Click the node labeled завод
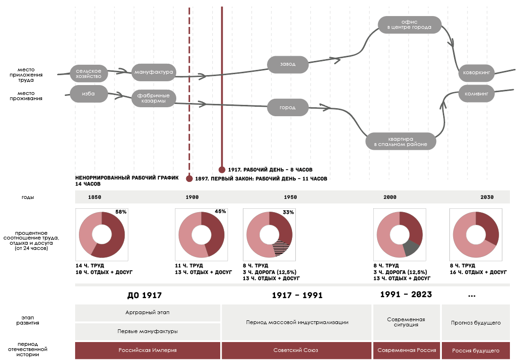coord(288,64)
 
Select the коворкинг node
coord(476,74)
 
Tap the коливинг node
coord(476,94)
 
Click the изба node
coord(88,94)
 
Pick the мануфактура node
coord(154,72)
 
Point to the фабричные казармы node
coord(154,98)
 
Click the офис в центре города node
coord(409,25)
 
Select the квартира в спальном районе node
coord(401,141)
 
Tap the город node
coord(287,107)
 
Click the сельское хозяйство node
coord(88,73)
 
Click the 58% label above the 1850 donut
coord(121,212)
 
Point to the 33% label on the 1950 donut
coord(288,212)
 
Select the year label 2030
coord(487,197)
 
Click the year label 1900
coord(192,197)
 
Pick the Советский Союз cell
coord(295,351)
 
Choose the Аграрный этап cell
coord(147,313)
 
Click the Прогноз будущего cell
coord(475,323)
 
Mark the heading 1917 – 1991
coord(297,296)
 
